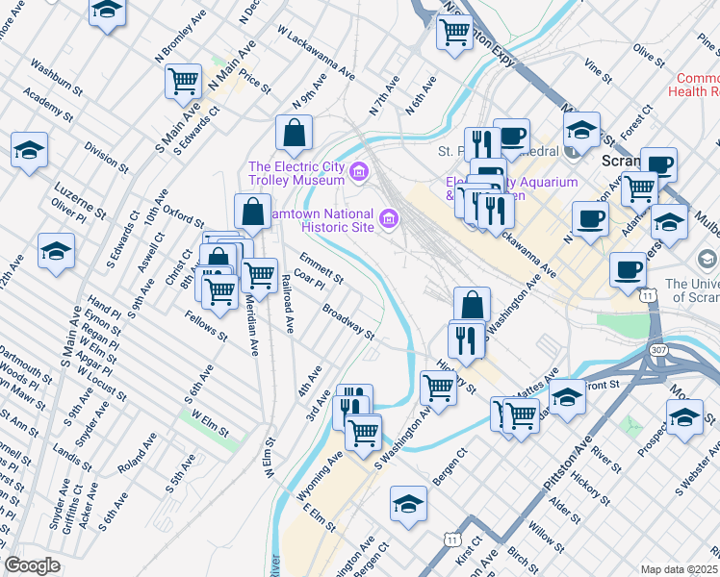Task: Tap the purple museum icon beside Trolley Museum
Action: pos(360,172)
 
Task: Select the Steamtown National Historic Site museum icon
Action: pos(390,218)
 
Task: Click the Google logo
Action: pos(32,566)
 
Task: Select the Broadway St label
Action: pos(347,321)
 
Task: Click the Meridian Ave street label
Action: pos(252,323)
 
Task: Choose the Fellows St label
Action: pos(206,325)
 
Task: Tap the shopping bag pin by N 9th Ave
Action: pos(294,132)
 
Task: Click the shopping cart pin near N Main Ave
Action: pos(183,81)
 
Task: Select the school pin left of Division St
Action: pos(30,150)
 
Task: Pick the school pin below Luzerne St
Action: pos(56,251)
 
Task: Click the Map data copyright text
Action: pos(680,568)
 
